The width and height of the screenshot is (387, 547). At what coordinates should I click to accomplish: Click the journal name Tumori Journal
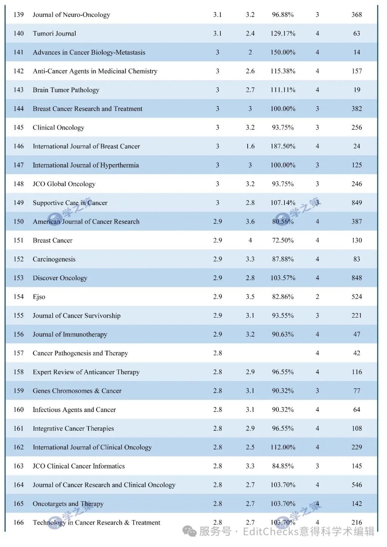coord(54,34)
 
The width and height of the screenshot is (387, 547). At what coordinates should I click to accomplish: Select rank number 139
coord(19,15)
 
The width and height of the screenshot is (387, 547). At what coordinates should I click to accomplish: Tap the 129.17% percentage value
coord(283,34)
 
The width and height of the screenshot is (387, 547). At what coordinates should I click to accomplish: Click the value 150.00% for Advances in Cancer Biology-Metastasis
coord(283,52)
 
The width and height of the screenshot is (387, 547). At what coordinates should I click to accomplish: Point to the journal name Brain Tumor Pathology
coord(66,90)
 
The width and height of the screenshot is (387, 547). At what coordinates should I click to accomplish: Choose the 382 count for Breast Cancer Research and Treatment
coord(357,109)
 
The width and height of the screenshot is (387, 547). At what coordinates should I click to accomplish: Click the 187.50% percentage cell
coord(283,146)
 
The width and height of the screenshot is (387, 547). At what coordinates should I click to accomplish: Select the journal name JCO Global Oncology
coord(64,184)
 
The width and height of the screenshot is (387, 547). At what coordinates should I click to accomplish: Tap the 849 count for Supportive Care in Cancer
coord(357,203)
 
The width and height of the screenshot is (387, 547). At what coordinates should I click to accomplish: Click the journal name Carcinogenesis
coord(54,259)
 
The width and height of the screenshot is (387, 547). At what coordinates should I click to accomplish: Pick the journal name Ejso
coord(39,297)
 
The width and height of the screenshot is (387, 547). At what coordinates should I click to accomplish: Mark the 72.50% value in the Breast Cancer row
coord(283,240)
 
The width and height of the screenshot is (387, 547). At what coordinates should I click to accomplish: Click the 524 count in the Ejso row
coord(357,297)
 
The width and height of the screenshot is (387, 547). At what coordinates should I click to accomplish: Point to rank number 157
coord(19,353)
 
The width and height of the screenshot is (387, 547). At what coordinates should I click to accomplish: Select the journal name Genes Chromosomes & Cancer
coord(77,391)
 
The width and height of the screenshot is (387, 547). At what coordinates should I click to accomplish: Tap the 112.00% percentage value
coord(283,447)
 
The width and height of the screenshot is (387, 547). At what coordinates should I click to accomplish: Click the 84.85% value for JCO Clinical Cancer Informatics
coord(283,466)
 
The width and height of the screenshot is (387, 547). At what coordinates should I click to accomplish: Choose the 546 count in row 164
coord(357,485)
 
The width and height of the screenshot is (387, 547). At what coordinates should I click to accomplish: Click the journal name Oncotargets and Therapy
coord(68,504)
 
